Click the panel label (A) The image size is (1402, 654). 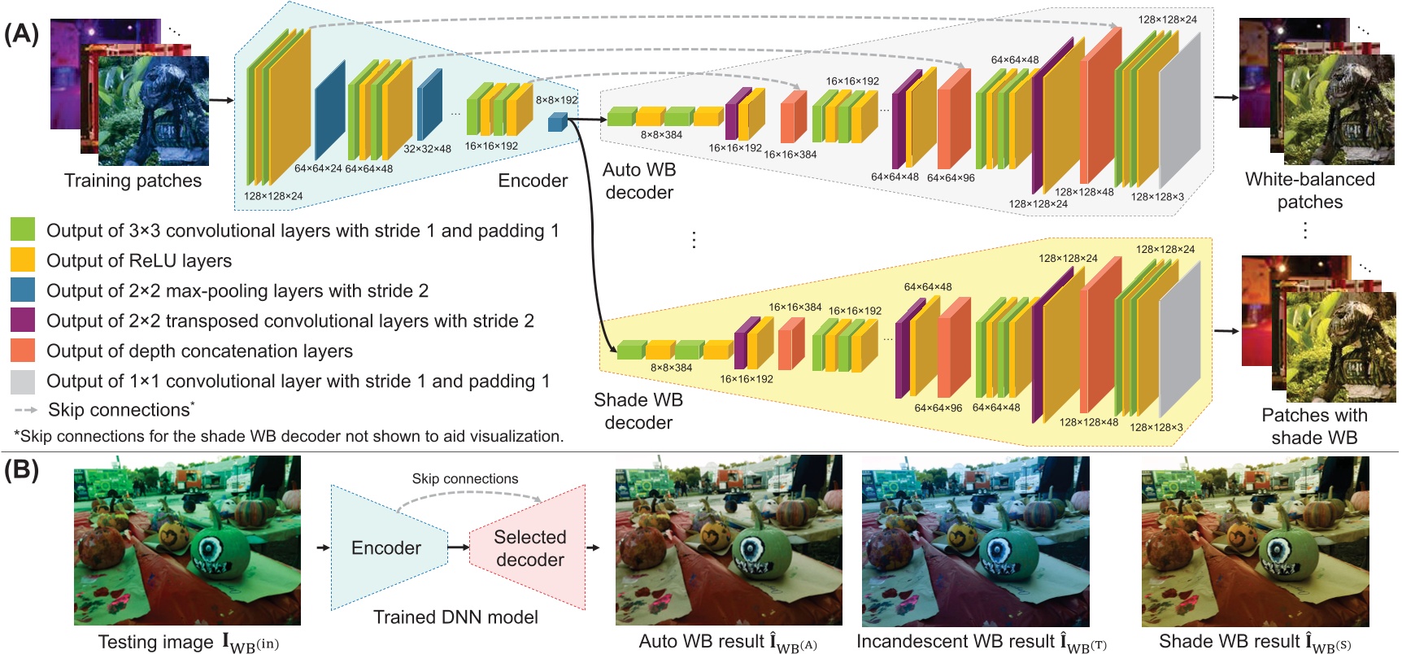pos(21,33)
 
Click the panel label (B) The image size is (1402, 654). pos(21,470)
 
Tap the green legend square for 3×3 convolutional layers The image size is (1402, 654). pos(23,229)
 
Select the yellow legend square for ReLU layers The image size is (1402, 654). pos(23,259)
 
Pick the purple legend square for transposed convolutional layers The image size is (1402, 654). pos(23,320)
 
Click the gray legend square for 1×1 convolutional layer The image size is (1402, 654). pos(23,381)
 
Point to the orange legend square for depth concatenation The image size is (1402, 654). pos(23,350)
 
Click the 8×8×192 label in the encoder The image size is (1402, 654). pos(556,100)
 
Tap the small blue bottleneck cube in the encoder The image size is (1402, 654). pos(556,122)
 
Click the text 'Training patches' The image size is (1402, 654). pos(133,181)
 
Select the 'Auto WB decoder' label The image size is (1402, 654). pos(639,181)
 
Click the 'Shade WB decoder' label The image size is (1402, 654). pos(638,411)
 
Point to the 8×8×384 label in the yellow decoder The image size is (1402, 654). pos(671,368)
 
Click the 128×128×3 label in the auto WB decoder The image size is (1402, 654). pos(1157,197)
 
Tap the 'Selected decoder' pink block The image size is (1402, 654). pos(529,548)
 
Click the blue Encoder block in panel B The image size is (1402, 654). pos(386,548)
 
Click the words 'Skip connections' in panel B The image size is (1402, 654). pos(464,479)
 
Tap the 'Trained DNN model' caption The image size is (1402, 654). pos(455,617)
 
